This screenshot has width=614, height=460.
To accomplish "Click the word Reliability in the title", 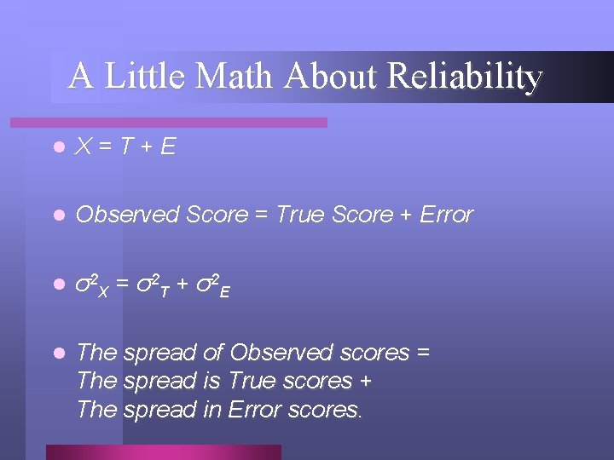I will coord(464,77).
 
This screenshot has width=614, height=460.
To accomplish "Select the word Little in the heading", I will coord(147,77).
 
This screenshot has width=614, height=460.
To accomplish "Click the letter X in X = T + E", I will coord(84,147).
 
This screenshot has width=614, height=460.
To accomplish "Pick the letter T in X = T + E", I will coord(125,147).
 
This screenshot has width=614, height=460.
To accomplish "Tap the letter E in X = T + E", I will coord(167,147).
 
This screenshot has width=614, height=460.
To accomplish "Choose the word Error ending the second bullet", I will coord(446,216).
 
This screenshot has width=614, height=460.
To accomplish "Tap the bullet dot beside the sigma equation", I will coord(57,284).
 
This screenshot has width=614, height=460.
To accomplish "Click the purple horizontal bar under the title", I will coord(188,123).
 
